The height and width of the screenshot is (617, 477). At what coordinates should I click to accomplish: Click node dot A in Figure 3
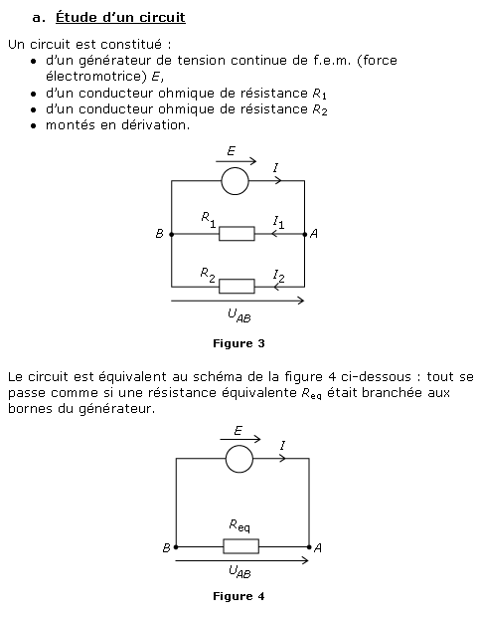[x=304, y=235]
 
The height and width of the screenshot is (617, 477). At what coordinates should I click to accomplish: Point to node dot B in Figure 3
[x=171, y=235]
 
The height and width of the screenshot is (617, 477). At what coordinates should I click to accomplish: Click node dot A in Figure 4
[x=309, y=547]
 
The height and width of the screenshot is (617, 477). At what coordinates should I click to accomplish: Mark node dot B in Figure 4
[x=176, y=547]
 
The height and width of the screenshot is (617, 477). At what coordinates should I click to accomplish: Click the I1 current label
[x=278, y=222]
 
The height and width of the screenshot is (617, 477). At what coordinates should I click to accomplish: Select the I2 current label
[x=278, y=276]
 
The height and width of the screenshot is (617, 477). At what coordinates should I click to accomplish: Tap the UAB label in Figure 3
[x=238, y=315]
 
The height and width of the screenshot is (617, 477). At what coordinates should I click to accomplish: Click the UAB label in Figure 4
[x=239, y=571]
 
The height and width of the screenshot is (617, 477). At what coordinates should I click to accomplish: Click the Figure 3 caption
[x=238, y=343]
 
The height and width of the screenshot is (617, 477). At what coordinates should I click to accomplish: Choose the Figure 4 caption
[x=238, y=596]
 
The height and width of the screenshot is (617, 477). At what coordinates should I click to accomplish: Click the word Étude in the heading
[x=77, y=17]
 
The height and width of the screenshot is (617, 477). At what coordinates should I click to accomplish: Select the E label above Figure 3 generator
[x=231, y=151]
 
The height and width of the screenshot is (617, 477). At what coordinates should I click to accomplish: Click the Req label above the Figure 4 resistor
[x=238, y=525]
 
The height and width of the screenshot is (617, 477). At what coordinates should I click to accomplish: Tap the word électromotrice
[x=95, y=77]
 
